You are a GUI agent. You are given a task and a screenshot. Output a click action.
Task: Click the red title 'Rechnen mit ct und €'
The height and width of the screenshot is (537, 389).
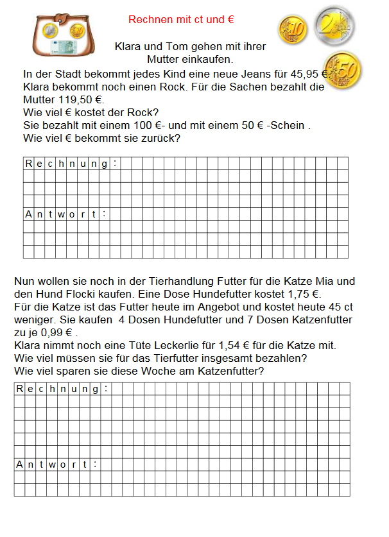coord(181,20)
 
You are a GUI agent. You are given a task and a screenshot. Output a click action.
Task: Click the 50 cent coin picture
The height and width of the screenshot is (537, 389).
coord(343,70)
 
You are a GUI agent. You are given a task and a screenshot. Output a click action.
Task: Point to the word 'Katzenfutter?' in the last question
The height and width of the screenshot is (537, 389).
coord(227,371)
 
